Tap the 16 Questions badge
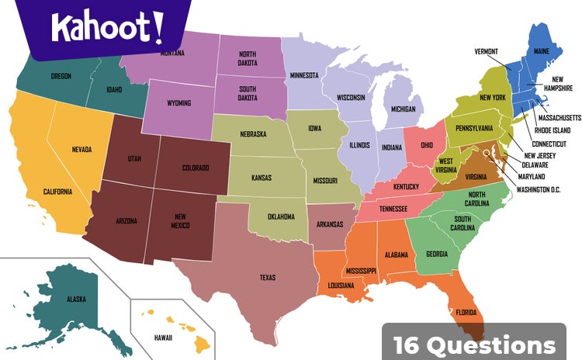pos(474,344)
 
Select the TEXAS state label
pos(268,277)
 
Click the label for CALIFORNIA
pos(58,192)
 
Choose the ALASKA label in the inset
pos(76,299)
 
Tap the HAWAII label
pos(163,338)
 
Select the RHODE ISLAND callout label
pos(553,130)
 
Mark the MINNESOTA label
pos(304,75)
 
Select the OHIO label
pos(427,145)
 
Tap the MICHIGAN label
pos(402,109)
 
